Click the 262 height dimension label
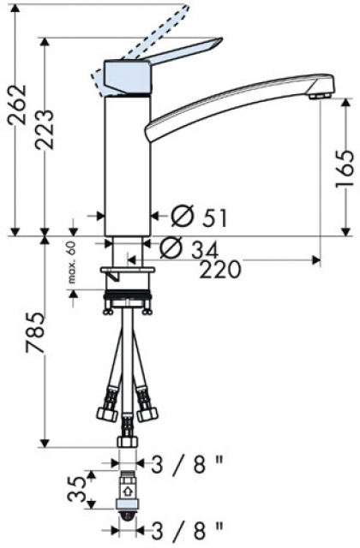tap(18, 104)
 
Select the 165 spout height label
tap(346, 170)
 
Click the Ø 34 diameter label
tap(189, 247)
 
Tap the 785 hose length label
tap(36, 333)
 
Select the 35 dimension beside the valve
tap(76, 489)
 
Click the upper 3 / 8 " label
tap(187, 464)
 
